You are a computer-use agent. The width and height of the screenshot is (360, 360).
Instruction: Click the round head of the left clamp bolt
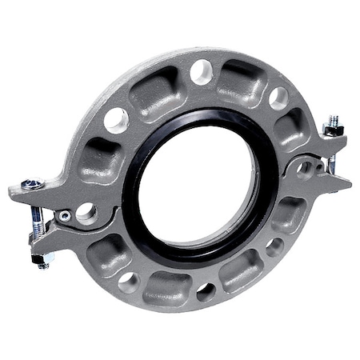pos(32,186)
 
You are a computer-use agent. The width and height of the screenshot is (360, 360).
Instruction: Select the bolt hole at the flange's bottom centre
pos(206,290)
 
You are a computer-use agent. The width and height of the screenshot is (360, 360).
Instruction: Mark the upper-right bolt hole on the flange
pos(278,98)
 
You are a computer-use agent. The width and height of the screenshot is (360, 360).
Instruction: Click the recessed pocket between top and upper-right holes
pos(241,79)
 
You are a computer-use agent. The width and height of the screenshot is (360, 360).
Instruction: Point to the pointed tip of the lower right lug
pos(349,186)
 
